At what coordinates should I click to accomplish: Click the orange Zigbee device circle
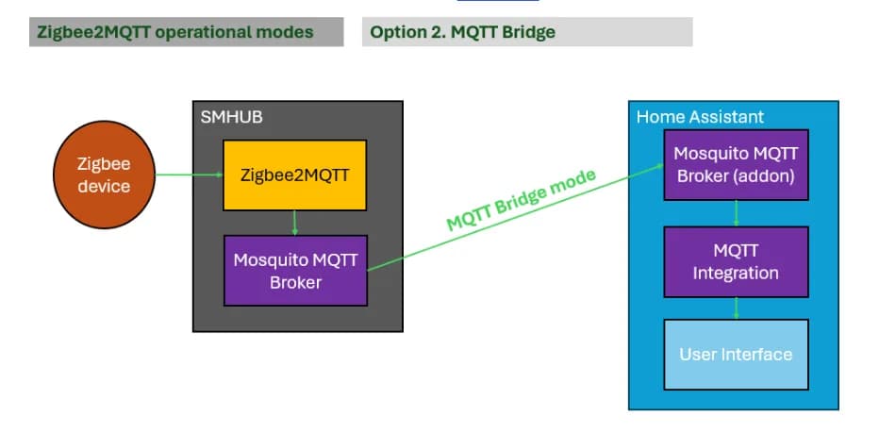click(103, 175)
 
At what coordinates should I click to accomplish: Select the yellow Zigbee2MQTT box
click(294, 175)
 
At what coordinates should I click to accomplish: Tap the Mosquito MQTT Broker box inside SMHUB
click(294, 270)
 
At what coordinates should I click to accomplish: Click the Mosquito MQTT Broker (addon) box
click(736, 164)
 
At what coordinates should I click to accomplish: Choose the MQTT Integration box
click(736, 261)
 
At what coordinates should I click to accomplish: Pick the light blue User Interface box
click(736, 355)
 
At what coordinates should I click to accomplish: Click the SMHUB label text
click(231, 117)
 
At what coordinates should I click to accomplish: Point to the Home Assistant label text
click(700, 117)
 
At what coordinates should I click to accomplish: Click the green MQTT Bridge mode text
click(521, 201)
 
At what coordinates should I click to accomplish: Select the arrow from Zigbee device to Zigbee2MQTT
click(189, 175)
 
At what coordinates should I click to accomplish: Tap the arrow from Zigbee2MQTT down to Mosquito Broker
click(295, 223)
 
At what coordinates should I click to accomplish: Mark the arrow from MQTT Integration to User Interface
click(737, 308)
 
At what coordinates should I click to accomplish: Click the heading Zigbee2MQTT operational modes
click(174, 32)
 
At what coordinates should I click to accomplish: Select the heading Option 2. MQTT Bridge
click(462, 32)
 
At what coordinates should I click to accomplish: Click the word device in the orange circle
click(103, 186)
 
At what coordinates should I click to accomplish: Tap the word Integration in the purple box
click(736, 274)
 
